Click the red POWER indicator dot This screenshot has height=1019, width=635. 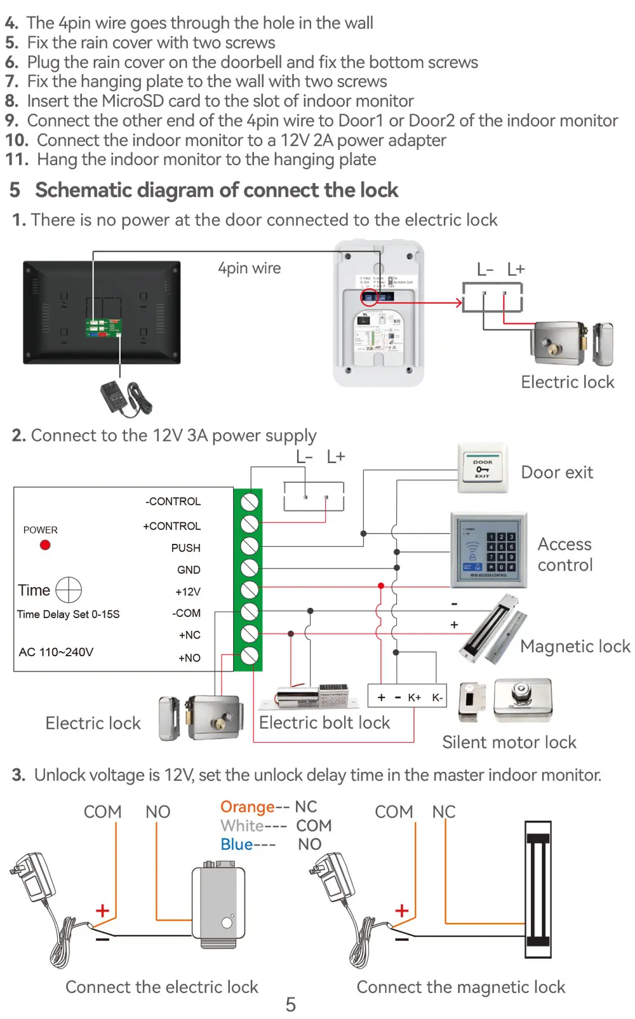45,545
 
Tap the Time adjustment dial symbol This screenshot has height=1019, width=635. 69,590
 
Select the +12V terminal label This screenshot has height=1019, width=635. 188,591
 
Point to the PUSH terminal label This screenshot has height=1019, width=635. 185,548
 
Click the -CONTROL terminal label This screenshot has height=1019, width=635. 173,501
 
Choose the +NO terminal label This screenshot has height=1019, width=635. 189,658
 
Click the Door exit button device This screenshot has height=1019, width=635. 483,469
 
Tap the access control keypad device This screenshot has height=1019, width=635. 488,550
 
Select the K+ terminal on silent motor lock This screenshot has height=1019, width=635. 414,698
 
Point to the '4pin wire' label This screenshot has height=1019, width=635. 249,268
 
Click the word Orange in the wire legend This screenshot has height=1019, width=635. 247,807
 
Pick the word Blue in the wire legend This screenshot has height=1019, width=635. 237,844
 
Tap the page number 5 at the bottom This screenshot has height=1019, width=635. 291,1004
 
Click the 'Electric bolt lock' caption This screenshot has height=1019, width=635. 324,723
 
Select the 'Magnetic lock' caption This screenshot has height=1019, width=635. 575,646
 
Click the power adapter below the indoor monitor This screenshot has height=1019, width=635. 126,398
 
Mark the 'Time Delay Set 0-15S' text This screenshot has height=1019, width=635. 68,614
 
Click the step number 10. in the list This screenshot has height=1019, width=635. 17,140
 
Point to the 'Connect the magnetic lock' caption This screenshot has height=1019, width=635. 460,987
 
